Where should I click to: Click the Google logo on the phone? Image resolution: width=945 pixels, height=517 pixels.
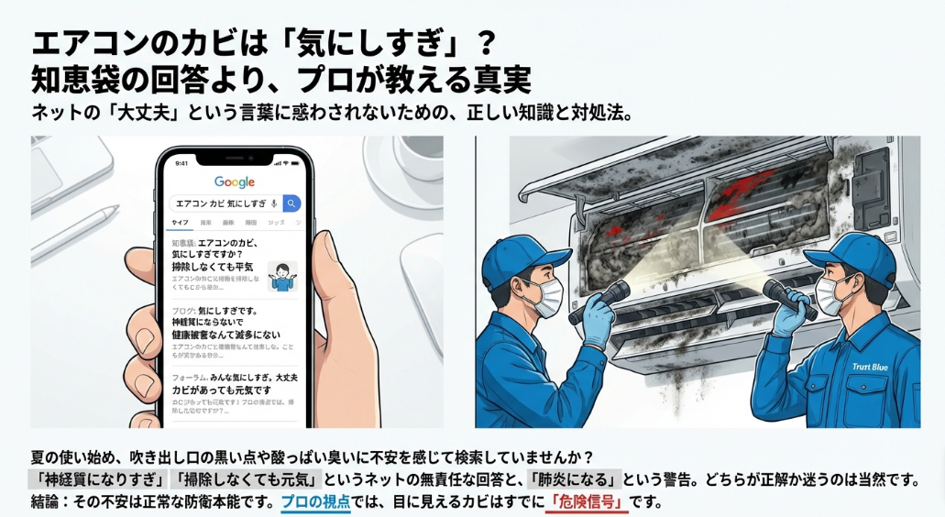[234, 182]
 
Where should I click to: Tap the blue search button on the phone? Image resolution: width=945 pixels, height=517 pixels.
[291, 203]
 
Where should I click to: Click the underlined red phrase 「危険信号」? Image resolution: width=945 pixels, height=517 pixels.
[587, 502]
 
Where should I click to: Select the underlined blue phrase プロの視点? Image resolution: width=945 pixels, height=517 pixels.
[315, 502]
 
